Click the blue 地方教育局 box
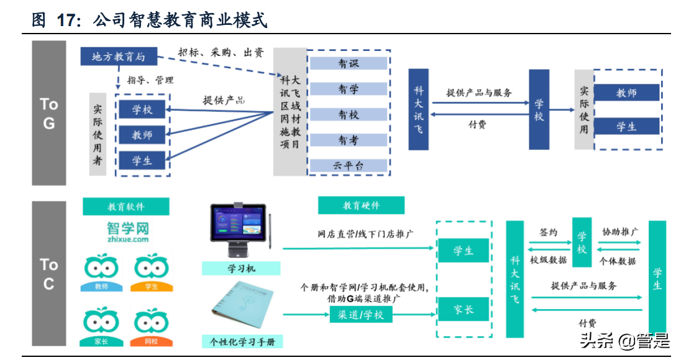point(118,57)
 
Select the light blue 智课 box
point(348,63)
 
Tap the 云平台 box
point(348,165)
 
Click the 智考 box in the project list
point(348,140)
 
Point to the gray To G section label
point(49,113)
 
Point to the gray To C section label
point(49,274)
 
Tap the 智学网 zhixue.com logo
point(127,232)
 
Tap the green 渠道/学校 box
point(360,315)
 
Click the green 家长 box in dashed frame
point(464,310)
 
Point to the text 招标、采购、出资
point(220,53)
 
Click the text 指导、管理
point(150,80)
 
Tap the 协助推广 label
point(619,232)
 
